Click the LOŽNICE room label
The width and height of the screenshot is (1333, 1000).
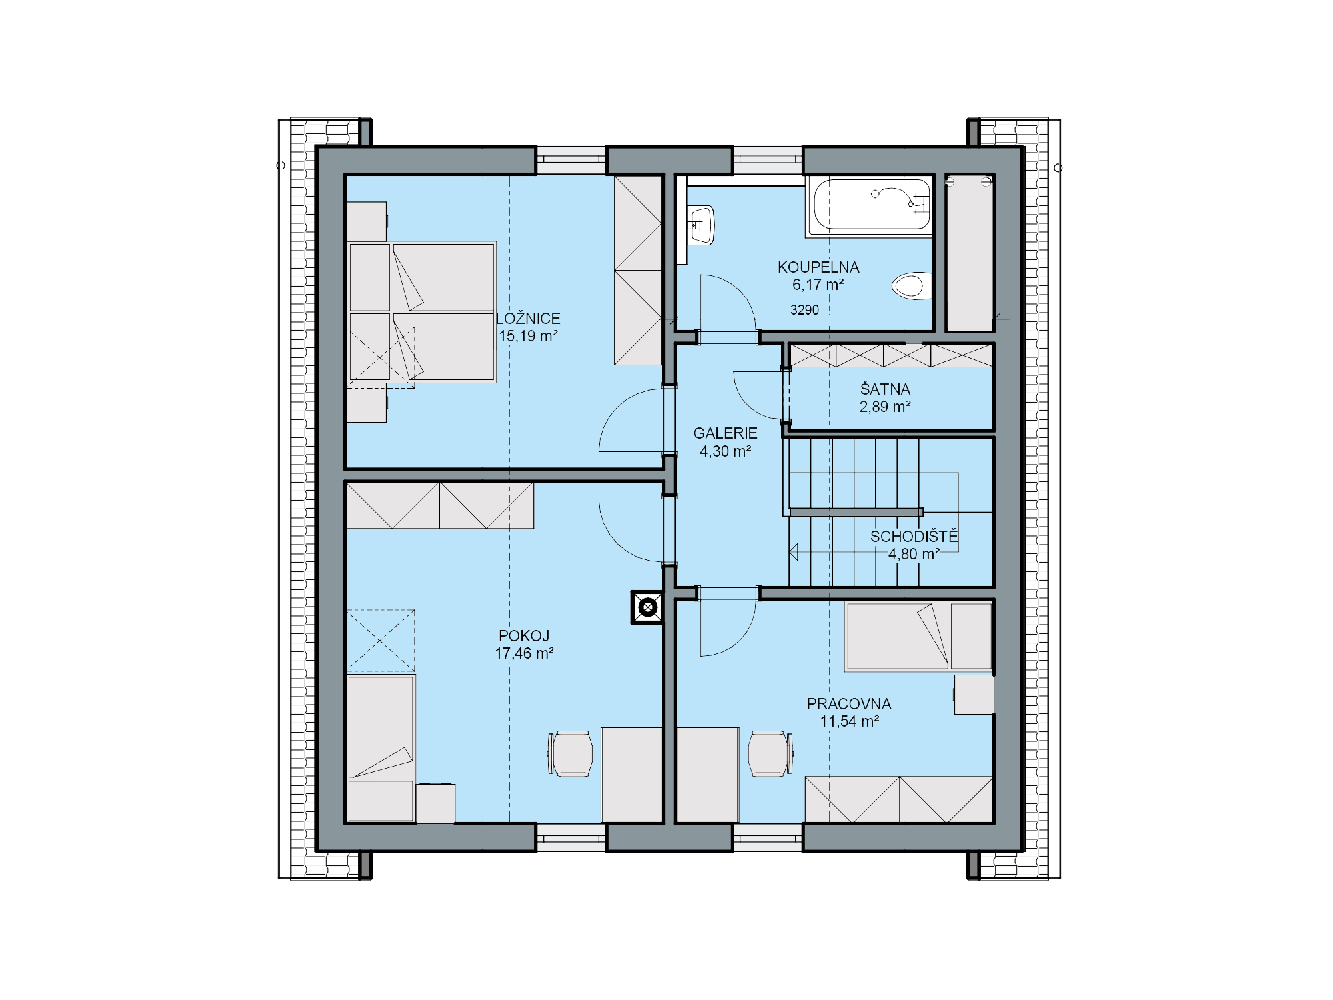[528, 319]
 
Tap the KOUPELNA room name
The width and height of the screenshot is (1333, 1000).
[818, 267]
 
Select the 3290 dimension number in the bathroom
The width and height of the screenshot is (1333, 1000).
[804, 310]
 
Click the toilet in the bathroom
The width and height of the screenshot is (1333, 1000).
[912, 286]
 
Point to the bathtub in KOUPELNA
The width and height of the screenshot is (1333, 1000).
[869, 207]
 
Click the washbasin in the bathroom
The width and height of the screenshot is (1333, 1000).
[701, 225]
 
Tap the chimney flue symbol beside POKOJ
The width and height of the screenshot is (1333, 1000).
[647, 607]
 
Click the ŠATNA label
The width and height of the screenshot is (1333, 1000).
[885, 389]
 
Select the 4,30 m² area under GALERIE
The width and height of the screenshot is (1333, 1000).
[725, 451]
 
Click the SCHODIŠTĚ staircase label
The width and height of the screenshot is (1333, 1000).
[914, 536]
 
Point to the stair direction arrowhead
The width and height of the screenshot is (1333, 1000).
[794, 552]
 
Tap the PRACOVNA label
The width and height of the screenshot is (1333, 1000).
[849, 703]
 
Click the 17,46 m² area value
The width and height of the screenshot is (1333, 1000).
[524, 653]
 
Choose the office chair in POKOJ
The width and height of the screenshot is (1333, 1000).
[570, 754]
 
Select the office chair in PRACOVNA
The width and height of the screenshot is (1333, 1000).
[771, 754]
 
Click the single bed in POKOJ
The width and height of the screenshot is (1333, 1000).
[381, 748]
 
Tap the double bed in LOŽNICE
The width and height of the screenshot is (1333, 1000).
[422, 312]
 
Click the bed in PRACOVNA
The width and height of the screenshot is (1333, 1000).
[919, 636]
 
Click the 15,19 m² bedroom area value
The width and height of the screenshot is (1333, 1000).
[528, 336]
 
